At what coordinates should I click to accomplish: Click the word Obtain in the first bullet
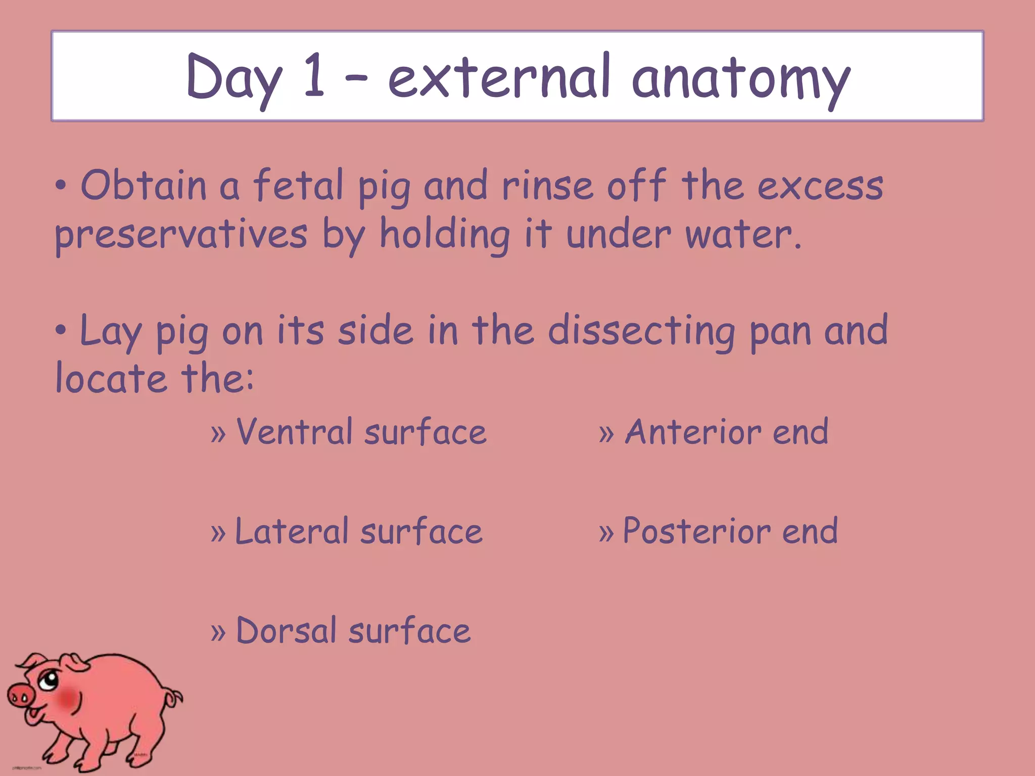point(144,185)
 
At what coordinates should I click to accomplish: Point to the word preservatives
point(181,235)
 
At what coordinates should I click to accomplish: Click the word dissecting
point(642,331)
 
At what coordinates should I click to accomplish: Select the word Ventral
point(294,432)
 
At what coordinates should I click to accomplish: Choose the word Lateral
point(292,531)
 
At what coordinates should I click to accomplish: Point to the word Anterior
point(693,432)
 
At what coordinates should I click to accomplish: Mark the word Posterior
point(697,531)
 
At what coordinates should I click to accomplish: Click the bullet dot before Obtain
point(61,186)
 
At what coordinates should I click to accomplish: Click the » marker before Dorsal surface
point(218,632)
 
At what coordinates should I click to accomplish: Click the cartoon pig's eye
point(49,680)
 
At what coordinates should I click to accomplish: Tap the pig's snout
point(20,698)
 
